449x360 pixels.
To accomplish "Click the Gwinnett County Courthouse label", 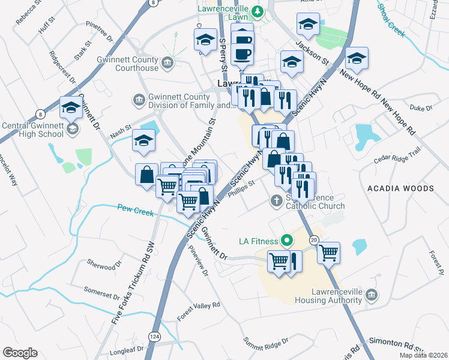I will tap(127, 64).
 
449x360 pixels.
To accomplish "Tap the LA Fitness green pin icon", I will tap(287, 241).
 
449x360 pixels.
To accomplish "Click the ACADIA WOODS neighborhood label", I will tap(400, 188).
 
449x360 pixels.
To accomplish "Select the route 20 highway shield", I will tap(314, 239).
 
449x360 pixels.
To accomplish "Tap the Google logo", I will tap(20, 353).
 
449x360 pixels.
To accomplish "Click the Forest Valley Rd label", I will tap(198, 311).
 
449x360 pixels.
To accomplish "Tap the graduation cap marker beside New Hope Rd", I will tap(357, 59).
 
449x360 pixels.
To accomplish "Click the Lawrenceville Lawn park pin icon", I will tap(258, 11).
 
